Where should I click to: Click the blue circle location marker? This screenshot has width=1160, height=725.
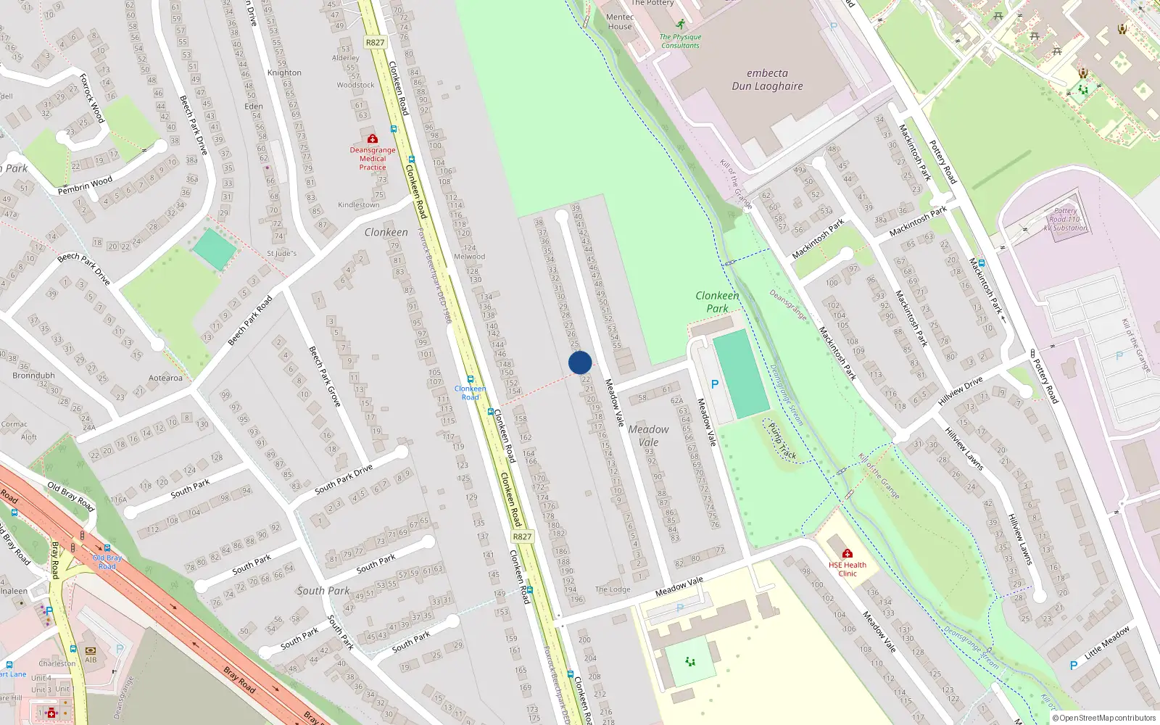pyautogui.click(x=580, y=362)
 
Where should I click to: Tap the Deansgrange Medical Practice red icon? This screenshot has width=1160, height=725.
pyautogui.click(x=373, y=138)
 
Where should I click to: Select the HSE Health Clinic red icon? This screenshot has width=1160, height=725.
pyautogui.click(x=847, y=554)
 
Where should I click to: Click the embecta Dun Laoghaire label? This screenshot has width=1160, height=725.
pyautogui.click(x=767, y=80)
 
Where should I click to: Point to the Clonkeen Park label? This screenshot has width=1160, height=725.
pyautogui.click(x=717, y=302)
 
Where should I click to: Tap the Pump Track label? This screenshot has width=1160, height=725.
pyautogui.click(x=782, y=441)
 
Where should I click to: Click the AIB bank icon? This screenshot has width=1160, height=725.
pyautogui.click(x=91, y=650)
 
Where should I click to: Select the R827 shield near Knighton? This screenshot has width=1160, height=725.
pyautogui.click(x=375, y=43)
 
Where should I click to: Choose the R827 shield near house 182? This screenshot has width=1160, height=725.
pyautogui.click(x=522, y=536)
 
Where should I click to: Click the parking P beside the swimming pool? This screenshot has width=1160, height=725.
pyautogui.click(x=714, y=384)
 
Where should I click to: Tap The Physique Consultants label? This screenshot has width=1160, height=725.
pyautogui.click(x=680, y=41)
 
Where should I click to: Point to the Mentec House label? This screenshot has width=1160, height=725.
pyautogui.click(x=620, y=22)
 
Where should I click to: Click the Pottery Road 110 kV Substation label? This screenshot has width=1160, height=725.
pyautogui.click(x=1065, y=219)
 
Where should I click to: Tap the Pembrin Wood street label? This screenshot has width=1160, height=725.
pyautogui.click(x=85, y=185)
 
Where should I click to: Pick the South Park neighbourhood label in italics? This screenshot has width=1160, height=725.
pyautogui.click(x=323, y=591)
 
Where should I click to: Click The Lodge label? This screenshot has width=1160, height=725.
pyautogui.click(x=613, y=589)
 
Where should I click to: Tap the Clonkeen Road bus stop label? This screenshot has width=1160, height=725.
pyautogui.click(x=470, y=392)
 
